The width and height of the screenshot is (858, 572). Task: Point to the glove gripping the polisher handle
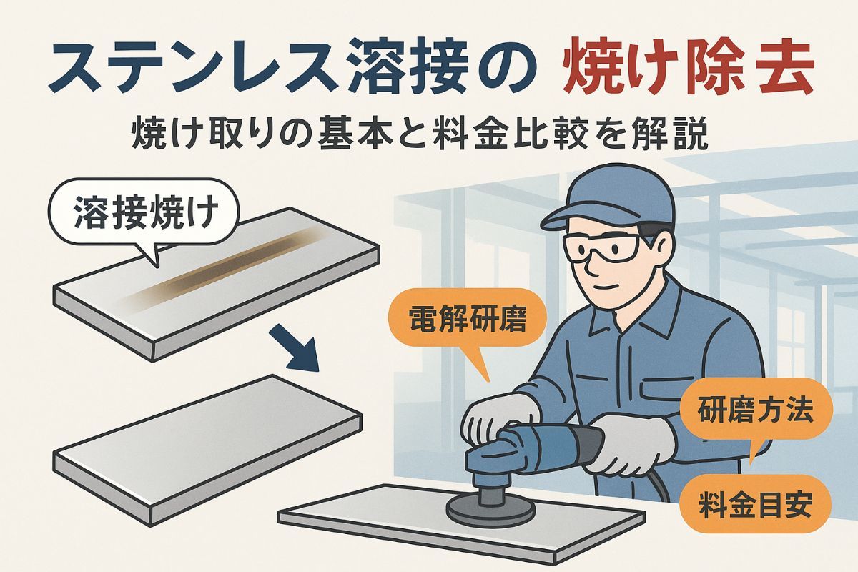(628, 445)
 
